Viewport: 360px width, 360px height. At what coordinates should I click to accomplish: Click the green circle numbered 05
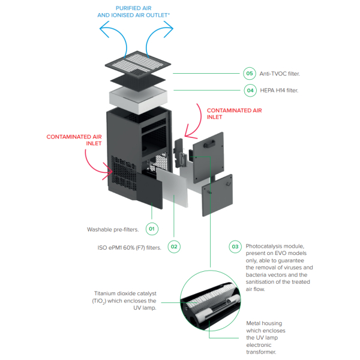(250, 73)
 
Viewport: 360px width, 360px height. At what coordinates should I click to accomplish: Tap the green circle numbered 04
(250, 91)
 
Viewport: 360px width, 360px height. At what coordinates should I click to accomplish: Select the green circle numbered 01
(152, 229)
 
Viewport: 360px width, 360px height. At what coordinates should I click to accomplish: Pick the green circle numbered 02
(174, 247)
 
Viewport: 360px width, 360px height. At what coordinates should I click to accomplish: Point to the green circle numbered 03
(235, 247)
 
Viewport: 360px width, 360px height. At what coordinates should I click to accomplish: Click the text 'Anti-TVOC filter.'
(280, 74)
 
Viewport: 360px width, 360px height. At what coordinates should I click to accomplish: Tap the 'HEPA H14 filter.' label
(279, 91)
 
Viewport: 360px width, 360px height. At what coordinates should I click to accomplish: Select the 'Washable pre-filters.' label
(113, 230)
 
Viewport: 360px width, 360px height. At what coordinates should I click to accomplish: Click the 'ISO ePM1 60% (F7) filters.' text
(129, 248)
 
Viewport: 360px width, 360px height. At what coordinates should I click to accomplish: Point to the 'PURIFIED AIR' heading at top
(133, 8)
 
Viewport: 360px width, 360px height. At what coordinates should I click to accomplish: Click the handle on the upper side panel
(209, 144)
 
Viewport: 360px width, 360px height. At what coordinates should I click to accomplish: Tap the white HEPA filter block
(138, 99)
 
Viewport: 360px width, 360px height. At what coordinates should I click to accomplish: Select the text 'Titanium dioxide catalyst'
(125, 293)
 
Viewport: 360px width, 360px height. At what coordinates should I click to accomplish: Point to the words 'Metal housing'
(264, 323)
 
